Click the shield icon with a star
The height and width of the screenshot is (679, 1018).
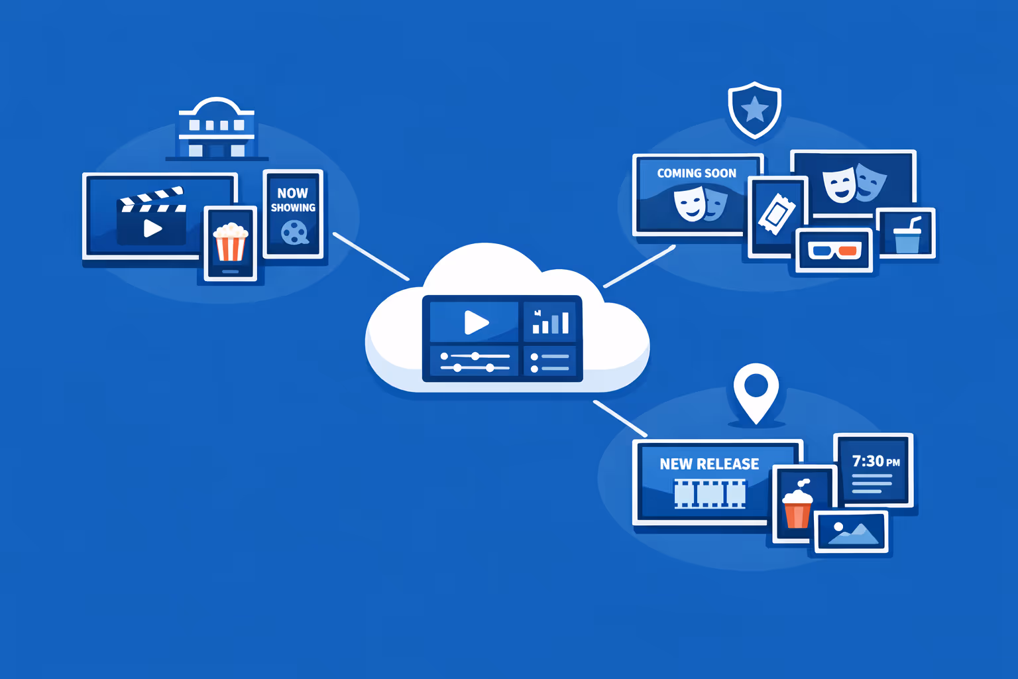(x=754, y=109)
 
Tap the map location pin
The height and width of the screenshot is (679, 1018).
(x=756, y=391)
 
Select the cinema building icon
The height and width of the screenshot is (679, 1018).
(x=216, y=129)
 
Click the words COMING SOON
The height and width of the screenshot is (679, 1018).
(x=697, y=173)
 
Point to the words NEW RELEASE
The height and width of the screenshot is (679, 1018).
(x=709, y=464)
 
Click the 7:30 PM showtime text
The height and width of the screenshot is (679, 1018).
(x=876, y=461)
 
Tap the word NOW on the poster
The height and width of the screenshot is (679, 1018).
(x=292, y=193)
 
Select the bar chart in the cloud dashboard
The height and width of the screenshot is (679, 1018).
(x=551, y=322)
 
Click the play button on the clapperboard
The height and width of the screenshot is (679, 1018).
(x=152, y=228)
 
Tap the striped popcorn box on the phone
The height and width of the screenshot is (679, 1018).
(x=231, y=243)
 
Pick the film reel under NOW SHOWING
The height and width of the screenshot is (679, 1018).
(x=294, y=232)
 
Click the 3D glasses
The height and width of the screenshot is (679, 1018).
(x=834, y=251)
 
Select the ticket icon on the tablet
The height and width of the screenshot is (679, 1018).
(x=776, y=214)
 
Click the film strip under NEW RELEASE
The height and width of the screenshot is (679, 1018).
(x=710, y=494)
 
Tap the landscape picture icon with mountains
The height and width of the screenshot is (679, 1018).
(x=852, y=532)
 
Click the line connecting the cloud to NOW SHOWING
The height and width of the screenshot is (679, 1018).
(x=370, y=256)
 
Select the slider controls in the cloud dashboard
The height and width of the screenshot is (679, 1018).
(x=475, y=362)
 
